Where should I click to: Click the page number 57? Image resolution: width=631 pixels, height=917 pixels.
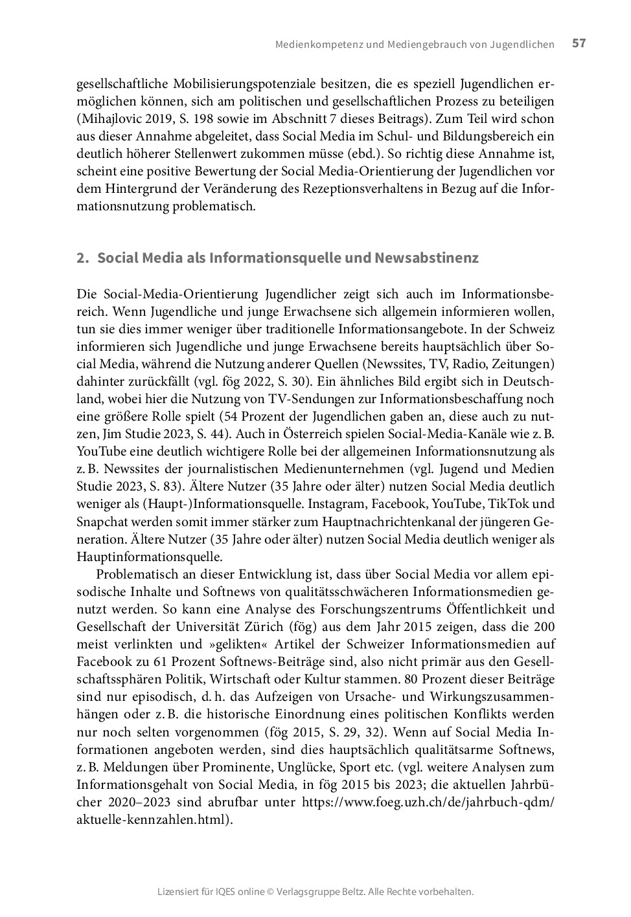click(x=579, y=43)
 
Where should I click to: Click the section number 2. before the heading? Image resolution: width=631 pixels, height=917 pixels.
click(x=82, y=258)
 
